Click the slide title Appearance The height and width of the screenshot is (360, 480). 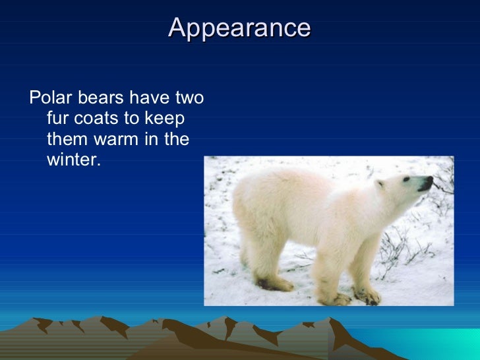[x=239, y=28]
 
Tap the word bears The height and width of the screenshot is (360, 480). [x=101, y=99]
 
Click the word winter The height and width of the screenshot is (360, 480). [x=72, y=160]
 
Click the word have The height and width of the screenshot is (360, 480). [x=149, y=99]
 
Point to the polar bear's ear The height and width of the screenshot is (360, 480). [x=379, y=185]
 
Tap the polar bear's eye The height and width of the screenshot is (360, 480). [x=405, y=179]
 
